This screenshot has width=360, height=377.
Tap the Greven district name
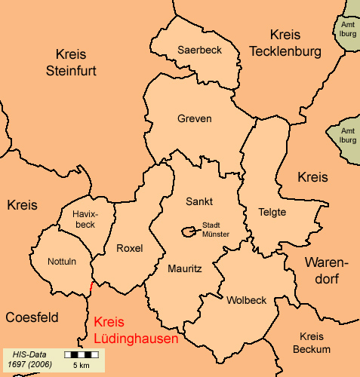(x=195, y=119)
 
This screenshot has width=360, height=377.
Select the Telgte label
(x=272, y=212)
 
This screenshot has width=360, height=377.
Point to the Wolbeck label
(x=246, y=300)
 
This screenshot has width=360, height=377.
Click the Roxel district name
(x=130, y=248)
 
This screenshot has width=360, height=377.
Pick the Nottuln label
(x=62, y=262)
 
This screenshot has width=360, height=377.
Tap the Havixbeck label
(x=85, y=219)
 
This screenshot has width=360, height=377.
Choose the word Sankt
(x=199, y=201)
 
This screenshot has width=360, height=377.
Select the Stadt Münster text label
(x=216, y=229)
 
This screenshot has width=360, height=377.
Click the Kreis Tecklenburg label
(x=285, y=43)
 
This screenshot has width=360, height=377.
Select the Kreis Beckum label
(x=315, y=342)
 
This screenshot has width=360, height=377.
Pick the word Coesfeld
(x=32, y=317)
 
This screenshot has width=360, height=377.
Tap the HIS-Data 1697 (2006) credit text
(x=31, y=358)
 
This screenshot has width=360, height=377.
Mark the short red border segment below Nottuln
(x=91, y=287)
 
